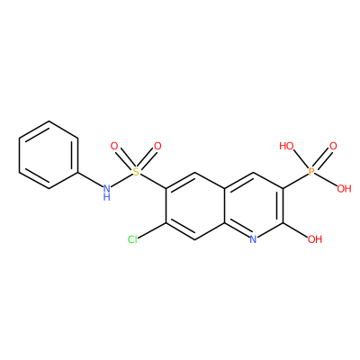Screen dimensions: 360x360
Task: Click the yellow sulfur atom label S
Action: pyautogui.click(x=136, y=172)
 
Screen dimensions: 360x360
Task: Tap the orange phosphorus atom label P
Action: pyautogui.click(x=311, y=172)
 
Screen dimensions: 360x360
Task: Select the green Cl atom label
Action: pyautogui.click(x=132, y=239)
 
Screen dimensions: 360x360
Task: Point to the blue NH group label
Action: pyautogui.click(x=106, y=192)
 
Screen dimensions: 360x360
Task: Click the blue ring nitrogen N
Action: pyautogui.click(x=253, y=239)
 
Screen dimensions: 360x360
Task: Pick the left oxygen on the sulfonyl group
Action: pyautogui.click(x=114, y=147)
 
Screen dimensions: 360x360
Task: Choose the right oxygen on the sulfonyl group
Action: pyautogui.click(x=157, y=147)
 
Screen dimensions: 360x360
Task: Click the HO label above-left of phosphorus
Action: pyautogui.click(x=286, y=146)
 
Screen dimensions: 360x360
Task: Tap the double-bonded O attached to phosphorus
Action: pyautogui.click(x=333, y=147)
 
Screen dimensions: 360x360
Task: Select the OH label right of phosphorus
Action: pyautogui.click(x=344, y=188)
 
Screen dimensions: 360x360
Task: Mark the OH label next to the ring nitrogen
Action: pyautogui.click(x=315, y=239)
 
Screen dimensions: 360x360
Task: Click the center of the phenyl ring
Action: pyautogui.click(x=49, y=155)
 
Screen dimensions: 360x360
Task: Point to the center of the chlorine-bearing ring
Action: pyautogui.click(x=195, y=206)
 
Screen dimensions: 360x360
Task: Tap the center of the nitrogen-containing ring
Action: pyautogui.click(x=254, y=206)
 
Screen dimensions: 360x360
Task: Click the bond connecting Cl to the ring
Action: pyautogui.click(x=152, y=230)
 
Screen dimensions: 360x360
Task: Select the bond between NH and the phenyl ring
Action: pyautogui.click(x=90, y=179)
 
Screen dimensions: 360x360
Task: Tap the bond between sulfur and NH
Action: pyautogui.click(x=121, y=180)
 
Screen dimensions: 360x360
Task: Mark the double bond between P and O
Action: pyautogui.click(x=322, y=159)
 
